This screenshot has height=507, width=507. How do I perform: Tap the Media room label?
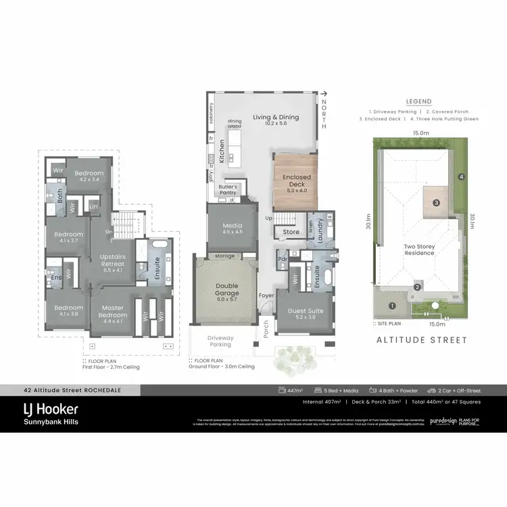click(x=233, y=228)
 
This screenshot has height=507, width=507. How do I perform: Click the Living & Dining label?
click(x=270, y=117)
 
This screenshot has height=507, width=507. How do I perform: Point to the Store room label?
click(x=291, y=232)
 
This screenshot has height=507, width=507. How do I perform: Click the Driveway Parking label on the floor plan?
click(x=220, y=341)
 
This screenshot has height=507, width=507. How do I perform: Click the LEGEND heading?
click(x=419, y=101)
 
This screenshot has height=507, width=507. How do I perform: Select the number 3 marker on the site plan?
click(x=437, y=203)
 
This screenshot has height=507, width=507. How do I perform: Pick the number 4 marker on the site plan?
click(x=462, y=177)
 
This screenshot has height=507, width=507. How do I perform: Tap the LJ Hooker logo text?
click(x=51, y=409)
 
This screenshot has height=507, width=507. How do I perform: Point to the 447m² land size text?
click(x=294, y=390)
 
